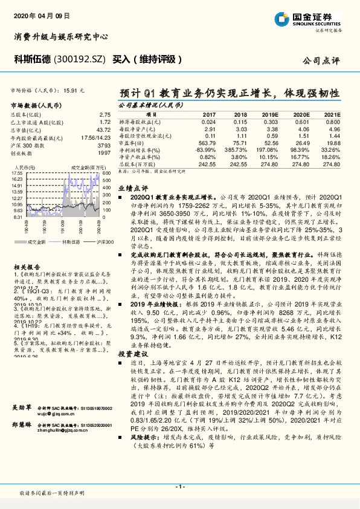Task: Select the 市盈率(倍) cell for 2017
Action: coord(207,143)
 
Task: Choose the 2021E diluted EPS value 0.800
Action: coord(333,121)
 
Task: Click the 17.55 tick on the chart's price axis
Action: coord(18,173)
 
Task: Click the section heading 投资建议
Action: coord(130,352)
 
